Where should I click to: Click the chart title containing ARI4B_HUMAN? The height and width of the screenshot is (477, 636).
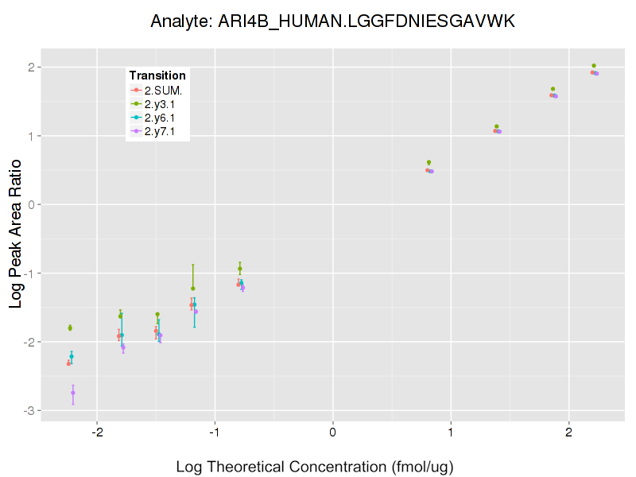point(333,21)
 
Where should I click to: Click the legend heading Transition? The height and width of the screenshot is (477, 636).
point(157,76)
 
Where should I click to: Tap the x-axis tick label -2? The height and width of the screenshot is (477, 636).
point(96,432)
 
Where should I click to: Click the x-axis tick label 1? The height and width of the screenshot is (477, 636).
point(451,432)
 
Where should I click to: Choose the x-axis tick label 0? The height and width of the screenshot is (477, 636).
point(332,432)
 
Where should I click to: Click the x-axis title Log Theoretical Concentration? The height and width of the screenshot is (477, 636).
point(314,466)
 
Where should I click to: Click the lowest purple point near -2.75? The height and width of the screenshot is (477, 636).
point(73,393)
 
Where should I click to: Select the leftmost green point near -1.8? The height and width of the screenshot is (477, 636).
point(70,328)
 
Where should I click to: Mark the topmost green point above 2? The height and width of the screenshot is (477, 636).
point(594,66)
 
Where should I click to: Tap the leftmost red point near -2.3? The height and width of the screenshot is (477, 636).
point(69,363)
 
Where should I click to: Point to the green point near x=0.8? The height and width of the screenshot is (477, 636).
point(429,162)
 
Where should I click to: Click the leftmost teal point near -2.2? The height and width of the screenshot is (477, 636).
point(72,356)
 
